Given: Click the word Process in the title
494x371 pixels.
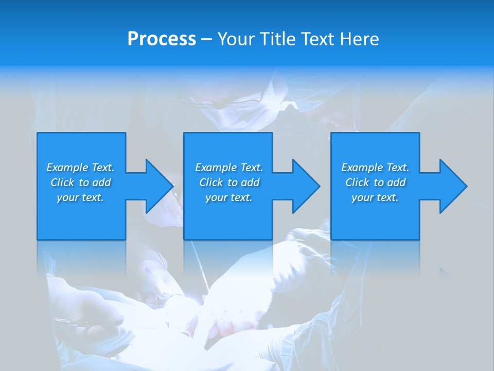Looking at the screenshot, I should [162, 39].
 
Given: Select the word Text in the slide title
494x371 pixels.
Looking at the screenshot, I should [316, 39].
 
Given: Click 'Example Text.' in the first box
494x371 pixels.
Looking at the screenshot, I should [80, 167].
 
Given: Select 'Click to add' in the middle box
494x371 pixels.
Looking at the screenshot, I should [229, 182].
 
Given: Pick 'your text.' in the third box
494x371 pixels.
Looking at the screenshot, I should [375, 197].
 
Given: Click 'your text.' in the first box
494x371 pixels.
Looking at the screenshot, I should [80, 197].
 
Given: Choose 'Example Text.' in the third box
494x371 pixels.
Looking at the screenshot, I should [375, 167].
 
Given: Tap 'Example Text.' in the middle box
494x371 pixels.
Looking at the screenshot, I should [229, 167].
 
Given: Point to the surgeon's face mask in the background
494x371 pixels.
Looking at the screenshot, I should [232, 116].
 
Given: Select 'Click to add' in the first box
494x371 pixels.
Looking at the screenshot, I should [80, 182].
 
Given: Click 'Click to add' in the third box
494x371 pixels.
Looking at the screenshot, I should [375, 182].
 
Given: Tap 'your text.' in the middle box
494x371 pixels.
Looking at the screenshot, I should [229, 197].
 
